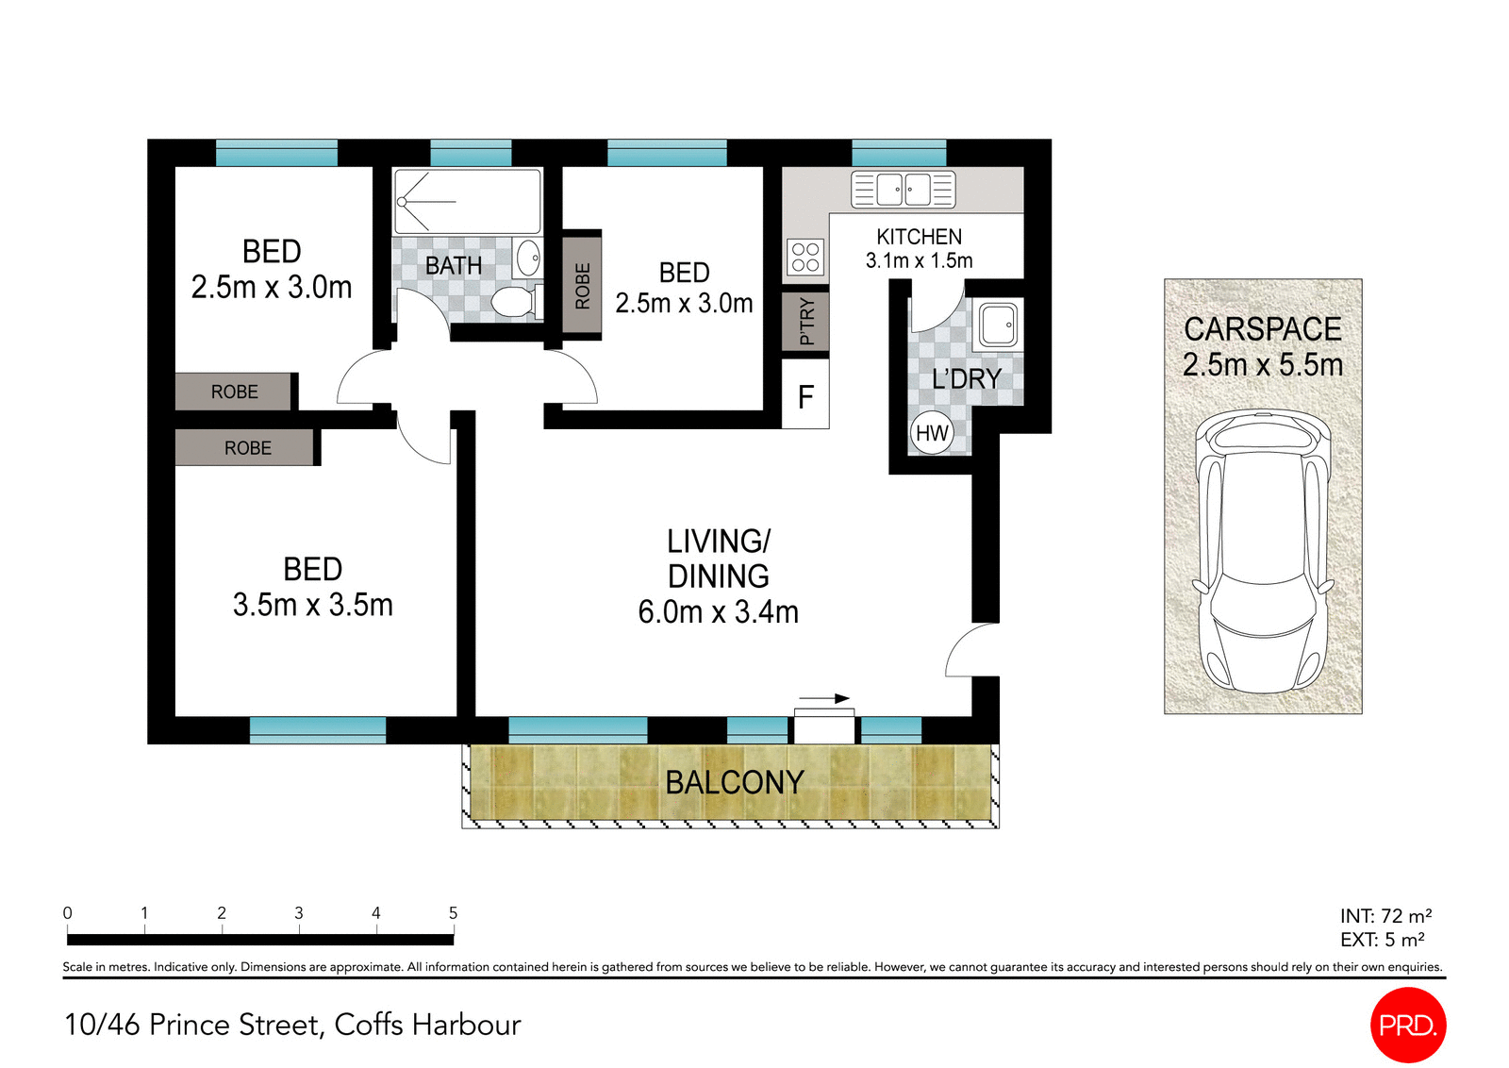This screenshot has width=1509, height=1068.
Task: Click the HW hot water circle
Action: click(x=932, y=433)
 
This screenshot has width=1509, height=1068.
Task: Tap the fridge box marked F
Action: click(x=805, y=396)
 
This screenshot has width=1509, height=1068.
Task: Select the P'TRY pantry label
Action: click(x=805, y=322)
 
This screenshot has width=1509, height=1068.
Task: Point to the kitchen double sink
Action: click(x=903, y=190)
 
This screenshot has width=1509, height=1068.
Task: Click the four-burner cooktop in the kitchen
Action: click(x=805, y=257)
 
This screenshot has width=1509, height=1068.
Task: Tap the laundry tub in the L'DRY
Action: click(x=998, y=325)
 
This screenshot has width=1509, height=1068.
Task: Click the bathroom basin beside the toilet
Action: click(x=528, y=257)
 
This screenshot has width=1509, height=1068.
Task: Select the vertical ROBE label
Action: click(x=582, y=286)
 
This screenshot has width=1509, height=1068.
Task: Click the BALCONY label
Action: click(x=735, y=782)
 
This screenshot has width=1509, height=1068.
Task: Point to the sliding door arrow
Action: click(x=822, y=699)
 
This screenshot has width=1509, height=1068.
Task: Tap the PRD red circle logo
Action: click(x=1407, y=1025)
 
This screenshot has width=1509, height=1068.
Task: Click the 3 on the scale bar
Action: click(x=299, y=912)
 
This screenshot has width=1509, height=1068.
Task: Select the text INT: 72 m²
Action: click(x=1385, y=916)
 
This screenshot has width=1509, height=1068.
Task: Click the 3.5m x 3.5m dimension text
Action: click(x=313, y=605)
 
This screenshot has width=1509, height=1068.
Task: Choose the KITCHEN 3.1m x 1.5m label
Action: click(x=919, y=248)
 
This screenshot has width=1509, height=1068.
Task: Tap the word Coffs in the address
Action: click(x=370, y=1025)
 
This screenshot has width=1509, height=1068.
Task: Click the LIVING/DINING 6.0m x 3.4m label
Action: click(x=719, y=576)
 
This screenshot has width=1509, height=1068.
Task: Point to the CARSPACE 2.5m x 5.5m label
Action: click(x=1263, y=346)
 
